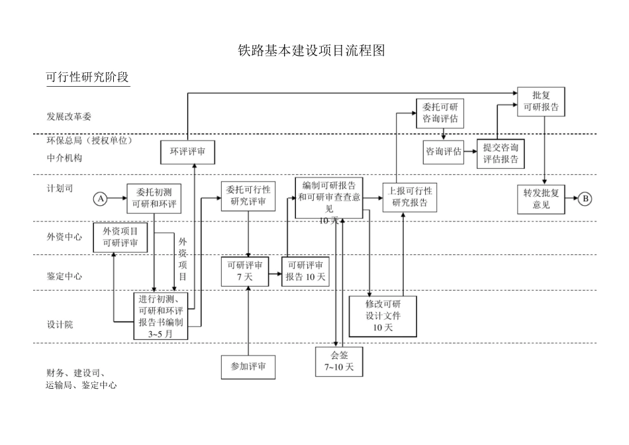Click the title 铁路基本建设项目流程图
pyautogui.click(x=311, y=50)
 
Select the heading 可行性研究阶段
pyautogui.click(x=87, y=77)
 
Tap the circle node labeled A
pyautogui.click(x=101, y=198)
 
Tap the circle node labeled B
pyautogui.click(x=585, y=198)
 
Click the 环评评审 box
pyautogui.click(x=187, y=152)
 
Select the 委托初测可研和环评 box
pyautogui.click(x=154, y=198)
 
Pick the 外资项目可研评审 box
pyautogui.click(x=120, y=237)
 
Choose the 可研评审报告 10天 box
pyautogui.click(x=305, y=271)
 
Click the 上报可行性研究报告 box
pyautogui.click(x=410, y=197)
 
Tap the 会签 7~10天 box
pyautogui.click(x=339, y=362)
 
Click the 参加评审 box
pyautogui.click(x=248, y=366)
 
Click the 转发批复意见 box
pyautogui.click(x=541, y=199)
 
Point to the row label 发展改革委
pyautogui.click(x=69, y=117)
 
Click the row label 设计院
pyautogui.click(x=60, y=324)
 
